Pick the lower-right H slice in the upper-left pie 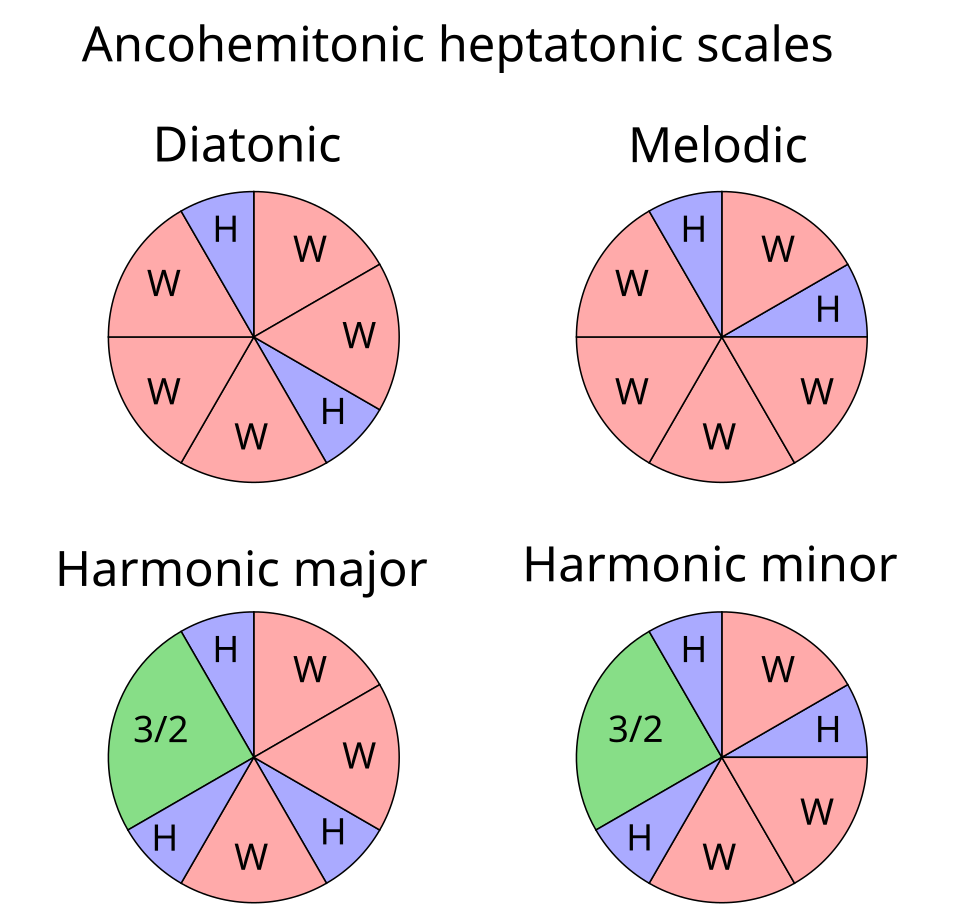point(333,412)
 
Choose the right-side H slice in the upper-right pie point(825,310)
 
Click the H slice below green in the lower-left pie point(166,838)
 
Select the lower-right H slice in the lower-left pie point(333,832)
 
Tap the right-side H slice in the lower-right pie point(825,730)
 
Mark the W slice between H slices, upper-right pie point(777,250)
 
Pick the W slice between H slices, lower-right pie point(777,670)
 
